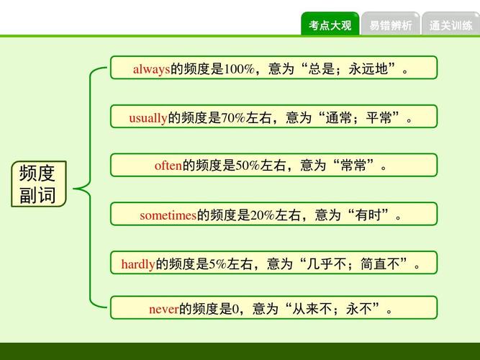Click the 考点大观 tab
pos(330,25)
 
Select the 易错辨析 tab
pos(390,25)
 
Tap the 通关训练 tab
pos(450,25)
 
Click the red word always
pos(151,70)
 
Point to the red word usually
pos(148,118)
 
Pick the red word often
pos(168,166)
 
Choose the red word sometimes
pos(168,215)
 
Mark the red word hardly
pos(138,264)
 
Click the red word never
pos(163,310)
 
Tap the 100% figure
pos(239,70)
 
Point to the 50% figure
pos(248,166)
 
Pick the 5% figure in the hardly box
pos(218,264)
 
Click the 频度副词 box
pos(37,184)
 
